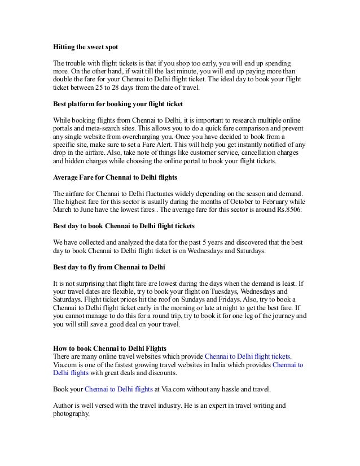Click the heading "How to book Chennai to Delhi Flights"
pyautogui.click(x=109, y=347)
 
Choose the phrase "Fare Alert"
pyautogui.click(x=166, y=144)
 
